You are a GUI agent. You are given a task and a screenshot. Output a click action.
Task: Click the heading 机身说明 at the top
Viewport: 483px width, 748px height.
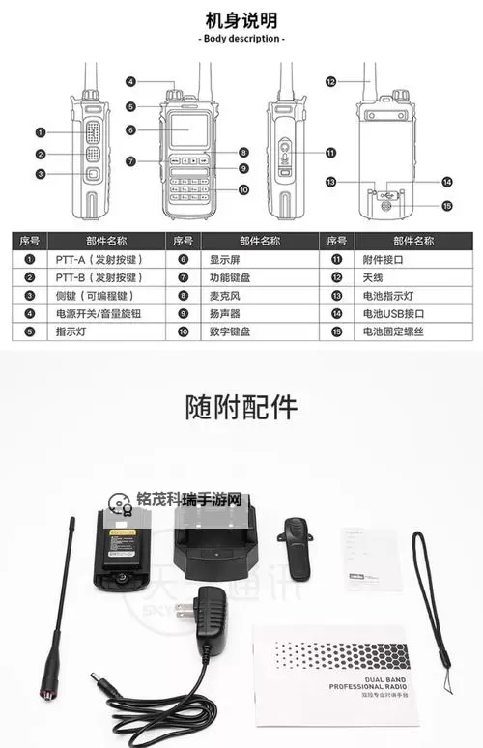click(241, 19)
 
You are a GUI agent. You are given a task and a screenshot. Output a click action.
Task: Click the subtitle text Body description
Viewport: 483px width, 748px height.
click(241, 39)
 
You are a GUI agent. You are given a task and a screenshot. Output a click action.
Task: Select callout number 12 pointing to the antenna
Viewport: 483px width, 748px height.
click(330, 83)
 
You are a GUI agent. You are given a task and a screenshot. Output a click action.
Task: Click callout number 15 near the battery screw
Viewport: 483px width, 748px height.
click(447, 205)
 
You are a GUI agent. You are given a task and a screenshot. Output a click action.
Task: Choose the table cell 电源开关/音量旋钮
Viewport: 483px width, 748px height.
click(99, 314)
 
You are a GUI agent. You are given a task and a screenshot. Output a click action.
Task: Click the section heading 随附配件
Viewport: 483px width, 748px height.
click(241, 407)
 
